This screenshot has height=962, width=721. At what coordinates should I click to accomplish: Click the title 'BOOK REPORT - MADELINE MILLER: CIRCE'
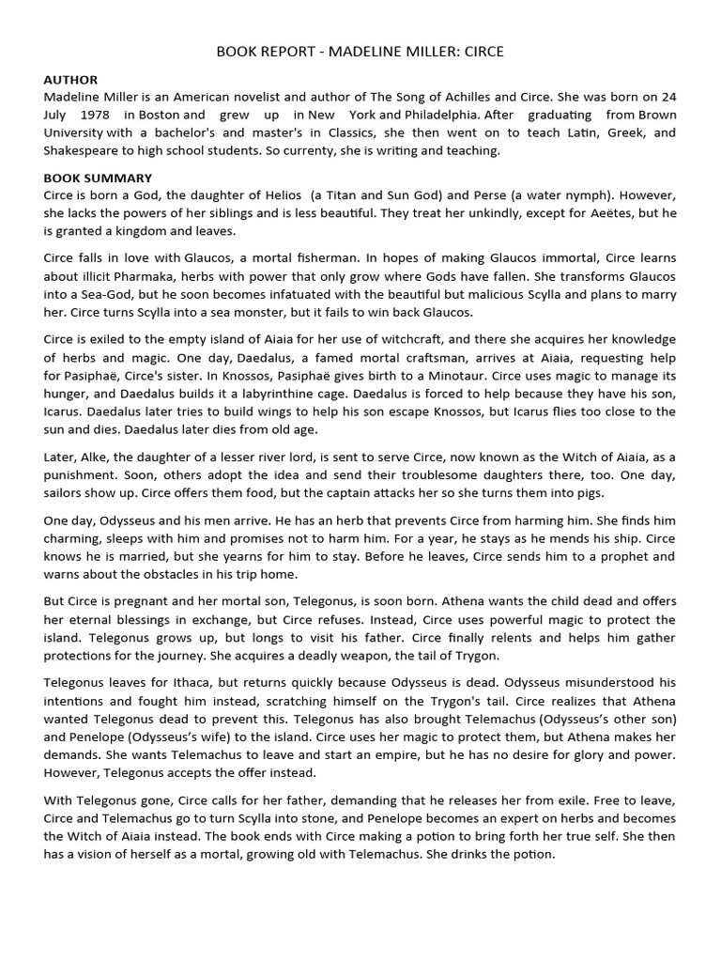[360, 52]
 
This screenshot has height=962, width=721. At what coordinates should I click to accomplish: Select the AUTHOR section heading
[70, 80]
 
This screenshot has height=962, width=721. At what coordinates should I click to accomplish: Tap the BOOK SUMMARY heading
[98, 178]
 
